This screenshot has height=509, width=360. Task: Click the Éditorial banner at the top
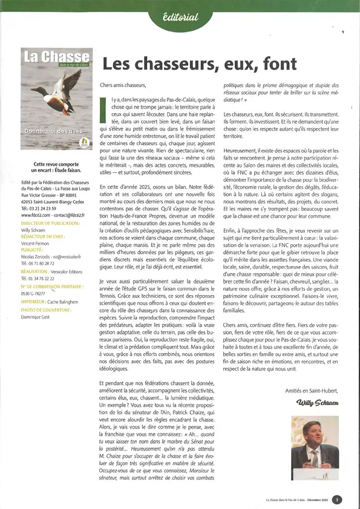180,17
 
